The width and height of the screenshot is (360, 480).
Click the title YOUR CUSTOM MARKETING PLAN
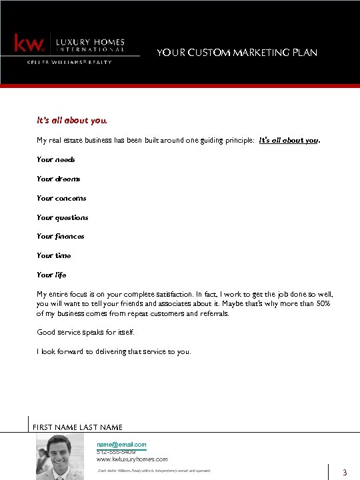237,52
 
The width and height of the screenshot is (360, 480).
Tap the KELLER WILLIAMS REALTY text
69,62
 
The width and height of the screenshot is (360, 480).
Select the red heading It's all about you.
72,121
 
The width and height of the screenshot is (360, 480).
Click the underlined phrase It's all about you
289,141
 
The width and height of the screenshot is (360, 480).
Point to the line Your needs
56,159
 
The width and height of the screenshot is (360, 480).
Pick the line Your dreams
59,179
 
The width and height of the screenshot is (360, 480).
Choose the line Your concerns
61,198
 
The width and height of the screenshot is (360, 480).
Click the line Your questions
63,217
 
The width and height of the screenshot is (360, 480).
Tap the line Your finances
61,236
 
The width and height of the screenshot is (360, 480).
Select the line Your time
54,255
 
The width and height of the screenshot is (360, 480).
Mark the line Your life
51,275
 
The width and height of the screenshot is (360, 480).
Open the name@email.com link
121,444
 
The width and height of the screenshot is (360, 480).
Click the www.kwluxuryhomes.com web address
132,459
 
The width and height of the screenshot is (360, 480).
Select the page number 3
345,473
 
